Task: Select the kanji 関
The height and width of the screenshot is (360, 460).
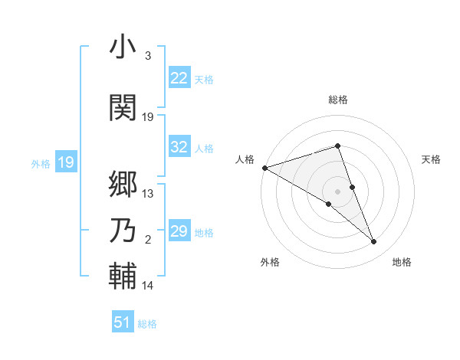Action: coord(123,107)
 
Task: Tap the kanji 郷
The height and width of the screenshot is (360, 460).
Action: coord(123,184)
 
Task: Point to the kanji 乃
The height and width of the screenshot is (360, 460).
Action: coord(123,231)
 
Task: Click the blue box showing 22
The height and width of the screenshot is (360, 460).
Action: coord(179,78)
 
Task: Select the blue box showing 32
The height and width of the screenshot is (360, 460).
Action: coord(179,147)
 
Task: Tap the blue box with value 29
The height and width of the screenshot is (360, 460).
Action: coord(179,231)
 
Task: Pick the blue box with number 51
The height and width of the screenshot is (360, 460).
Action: coord(123,322)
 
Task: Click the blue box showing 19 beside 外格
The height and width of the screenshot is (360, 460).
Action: coord(66,162)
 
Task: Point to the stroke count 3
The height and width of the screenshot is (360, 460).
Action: coord(147,56)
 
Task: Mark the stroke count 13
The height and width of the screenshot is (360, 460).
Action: coord(148,194)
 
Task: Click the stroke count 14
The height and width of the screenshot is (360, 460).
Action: coord(148,286)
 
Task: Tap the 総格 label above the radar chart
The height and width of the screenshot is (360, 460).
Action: coord(337,100)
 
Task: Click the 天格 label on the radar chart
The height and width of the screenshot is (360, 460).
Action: coord(432,159)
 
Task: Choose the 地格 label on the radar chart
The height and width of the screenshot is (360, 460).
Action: coord(402,262)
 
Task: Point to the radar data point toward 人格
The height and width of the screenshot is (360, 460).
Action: coord(264,168)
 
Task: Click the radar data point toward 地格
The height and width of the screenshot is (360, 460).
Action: coord(373,242)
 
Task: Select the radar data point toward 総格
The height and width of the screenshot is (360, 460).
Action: coord(337,146)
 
